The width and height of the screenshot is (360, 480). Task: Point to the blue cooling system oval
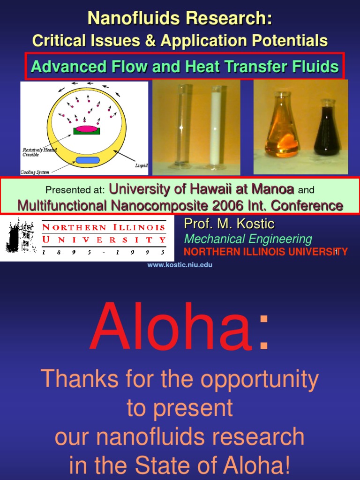pyautogui.click(x=88, y=160)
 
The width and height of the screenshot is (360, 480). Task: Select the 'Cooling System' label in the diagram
pyautogui.click(x=35, y=172)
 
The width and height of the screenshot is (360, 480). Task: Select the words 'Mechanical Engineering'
pyautogui.click(x=248, y=239)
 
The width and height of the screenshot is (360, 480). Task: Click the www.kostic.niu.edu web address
pyautogui.click(x=180, y=265)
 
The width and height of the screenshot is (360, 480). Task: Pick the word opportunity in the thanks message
pyautogui.click(x=254, y=379)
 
